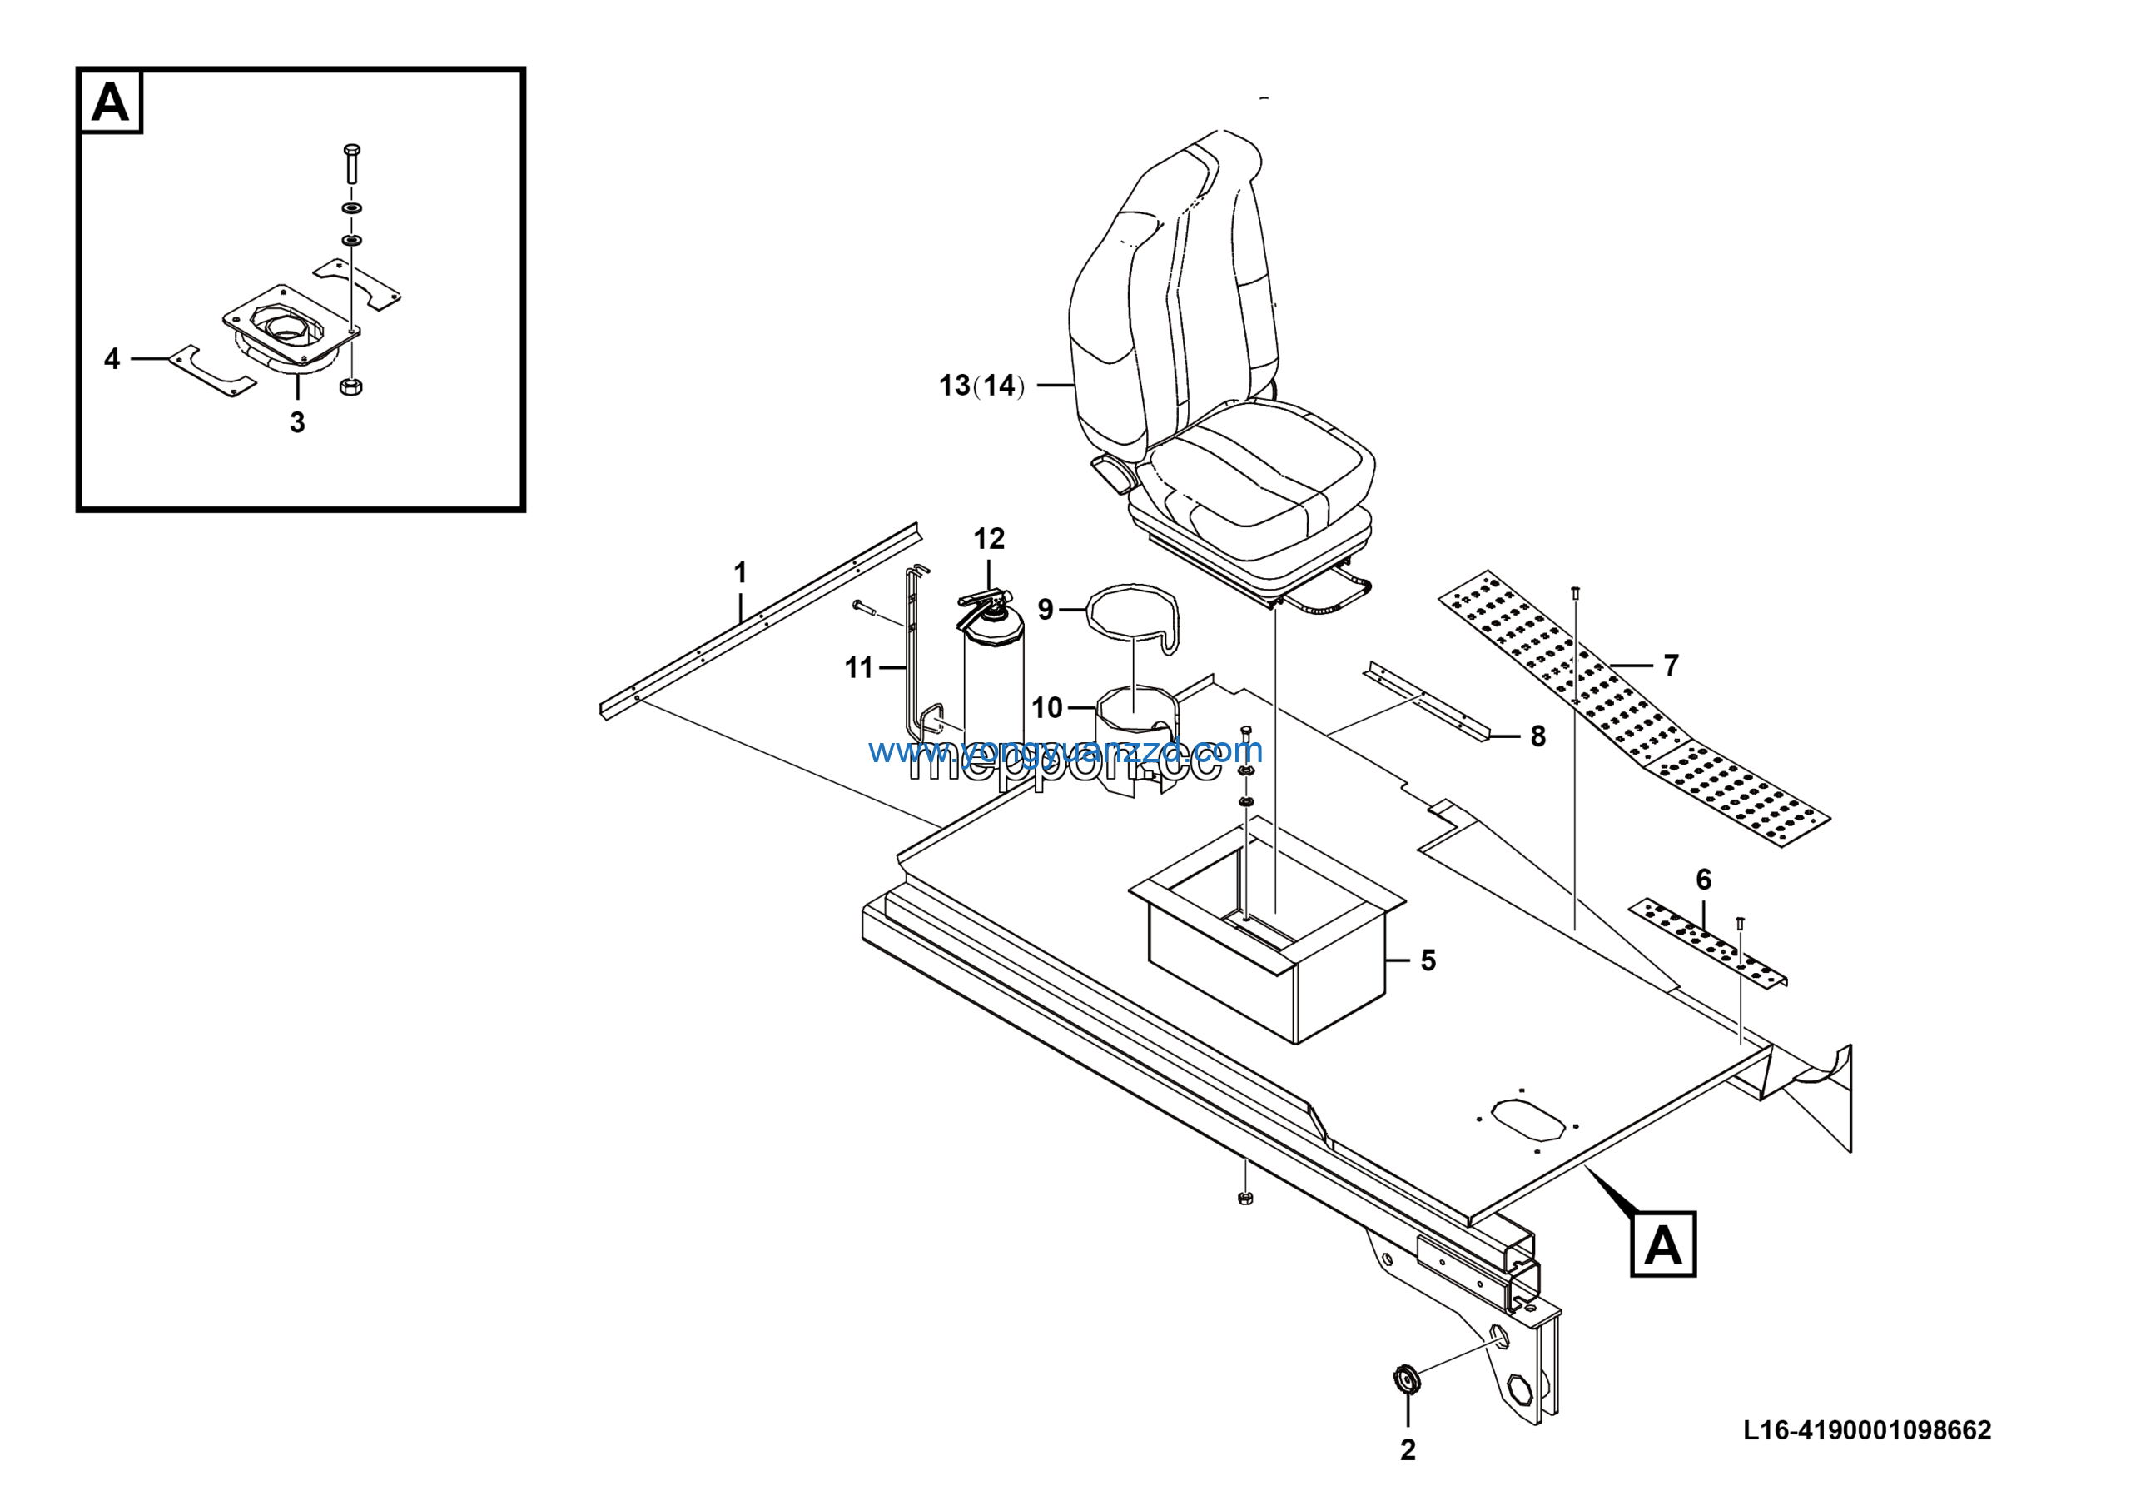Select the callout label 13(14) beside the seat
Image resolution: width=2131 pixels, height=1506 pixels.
pos(981,386)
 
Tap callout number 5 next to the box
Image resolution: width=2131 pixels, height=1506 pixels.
pos(1428,960)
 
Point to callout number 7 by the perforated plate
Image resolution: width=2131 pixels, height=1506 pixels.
pos(1671,665)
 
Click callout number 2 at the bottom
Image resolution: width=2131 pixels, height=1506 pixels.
pos(1408,1449)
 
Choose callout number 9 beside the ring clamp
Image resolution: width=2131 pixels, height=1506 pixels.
pos(1045,609)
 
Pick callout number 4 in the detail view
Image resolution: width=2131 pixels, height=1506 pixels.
pos(112,358)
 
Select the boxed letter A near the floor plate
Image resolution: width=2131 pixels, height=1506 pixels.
pos(1663,1244)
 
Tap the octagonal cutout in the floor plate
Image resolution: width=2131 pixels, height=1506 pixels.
pos(1527,1119)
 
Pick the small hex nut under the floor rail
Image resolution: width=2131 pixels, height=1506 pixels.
pos(1245,1199)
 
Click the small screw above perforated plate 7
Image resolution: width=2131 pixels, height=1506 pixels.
pos(1575,594)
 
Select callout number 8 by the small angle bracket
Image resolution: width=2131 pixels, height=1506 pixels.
pos(1538,736)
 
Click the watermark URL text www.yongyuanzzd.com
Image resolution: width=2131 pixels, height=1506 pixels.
pos(1065,751)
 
